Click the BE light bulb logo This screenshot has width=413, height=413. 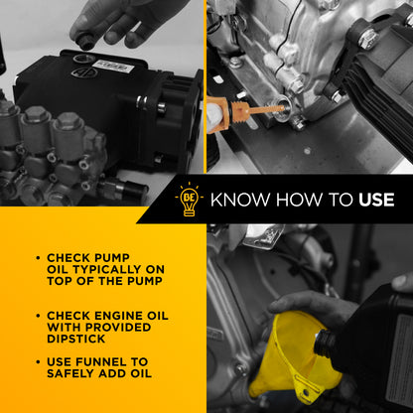pos(189,200)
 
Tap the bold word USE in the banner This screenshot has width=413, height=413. pos(376,200)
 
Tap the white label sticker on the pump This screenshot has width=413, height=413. pos(113,67)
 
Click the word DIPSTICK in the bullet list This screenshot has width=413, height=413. pos(75,339)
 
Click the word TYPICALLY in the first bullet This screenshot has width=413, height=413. pos(105,269)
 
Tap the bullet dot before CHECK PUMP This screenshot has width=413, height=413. pos(38,258)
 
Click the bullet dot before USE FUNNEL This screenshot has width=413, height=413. pos(38,362)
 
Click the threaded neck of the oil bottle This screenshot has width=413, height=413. pos(324,344)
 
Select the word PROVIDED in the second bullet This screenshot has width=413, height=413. pos(118,328)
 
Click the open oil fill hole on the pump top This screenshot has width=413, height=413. pos(81,60)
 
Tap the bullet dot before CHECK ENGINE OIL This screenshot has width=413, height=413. pos(38,316)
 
